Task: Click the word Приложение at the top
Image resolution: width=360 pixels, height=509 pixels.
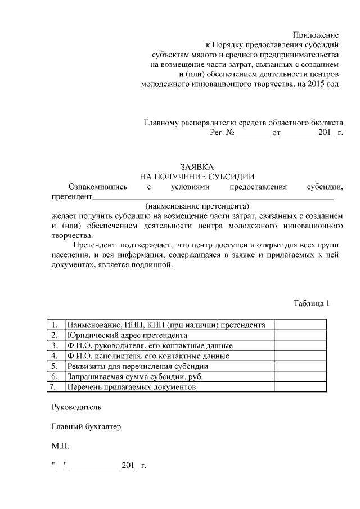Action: click(314, 35)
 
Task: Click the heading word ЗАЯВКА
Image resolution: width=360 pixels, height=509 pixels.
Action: click(197, 167)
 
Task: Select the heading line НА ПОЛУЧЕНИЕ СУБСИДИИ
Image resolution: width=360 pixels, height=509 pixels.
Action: click(197, 177)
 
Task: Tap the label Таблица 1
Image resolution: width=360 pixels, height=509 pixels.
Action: click(311, 304)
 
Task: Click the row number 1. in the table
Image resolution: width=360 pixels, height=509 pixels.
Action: click(55, 325)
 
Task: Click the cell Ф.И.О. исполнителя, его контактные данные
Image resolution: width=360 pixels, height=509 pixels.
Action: click(148, 356)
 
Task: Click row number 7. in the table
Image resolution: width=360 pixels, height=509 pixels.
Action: click(53, 387)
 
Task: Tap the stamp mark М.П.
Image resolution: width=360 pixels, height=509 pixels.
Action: click(60, 446)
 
